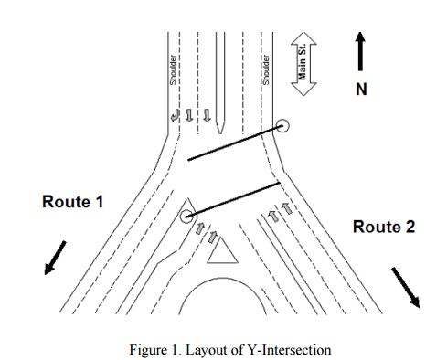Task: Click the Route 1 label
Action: click(x=72, y=202)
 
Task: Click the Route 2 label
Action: click(x=384, y=228)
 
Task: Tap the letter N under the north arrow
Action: click(x=361, y=90)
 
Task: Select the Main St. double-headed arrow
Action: click(x=303, y=65)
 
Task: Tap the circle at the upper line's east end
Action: click(x=283, y=126)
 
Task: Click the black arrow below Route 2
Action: click(x=406, y=286)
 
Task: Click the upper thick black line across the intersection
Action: click(x=233, y=143)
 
